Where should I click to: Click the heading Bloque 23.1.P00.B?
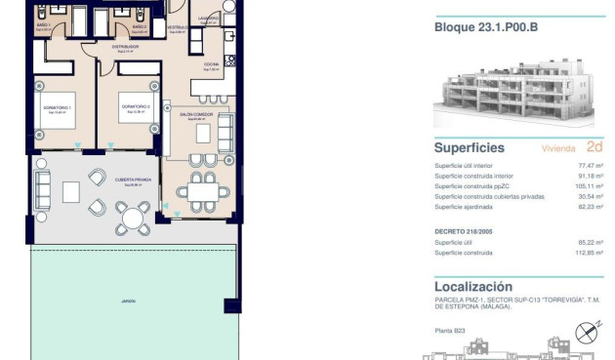pos(485,27)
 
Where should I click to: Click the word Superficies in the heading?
pos(470,148)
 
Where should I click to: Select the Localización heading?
pos(472,287)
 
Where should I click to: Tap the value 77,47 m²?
pos(593,166)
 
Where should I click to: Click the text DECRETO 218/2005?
pos(465,231)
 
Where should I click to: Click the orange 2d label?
pos(594,148)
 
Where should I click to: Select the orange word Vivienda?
pos(558,149)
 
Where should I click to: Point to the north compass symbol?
pos(587,332)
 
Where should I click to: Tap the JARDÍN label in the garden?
pos(128,301)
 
